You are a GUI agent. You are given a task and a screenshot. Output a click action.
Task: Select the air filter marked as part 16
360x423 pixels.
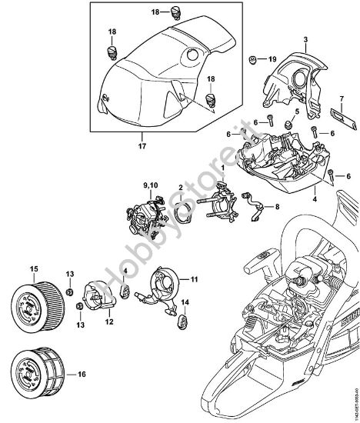pyautogui.click(x=37, y=372)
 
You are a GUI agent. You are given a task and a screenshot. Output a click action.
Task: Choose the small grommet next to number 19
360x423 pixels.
pyautogui.click(x=253, y=58)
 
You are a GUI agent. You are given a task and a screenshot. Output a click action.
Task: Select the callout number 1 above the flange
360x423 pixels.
pyautogui.click(x=223, y=168)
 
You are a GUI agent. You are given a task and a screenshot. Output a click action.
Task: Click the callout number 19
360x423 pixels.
pyautogui.click(x=271, y=58)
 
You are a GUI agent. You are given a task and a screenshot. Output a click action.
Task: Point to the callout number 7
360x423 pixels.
pyautogui.click(x=340, y=98)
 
